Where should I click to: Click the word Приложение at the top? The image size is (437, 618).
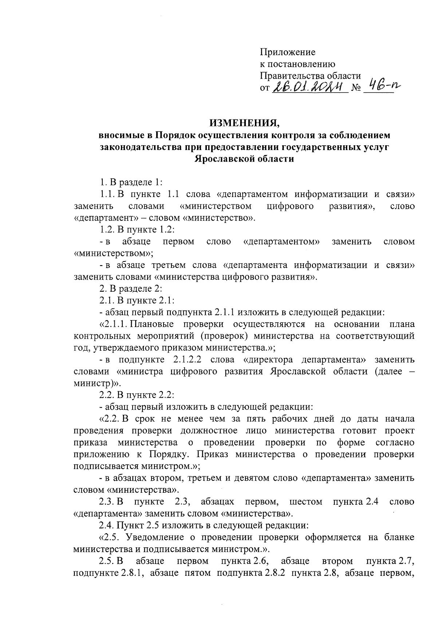pos(287,52)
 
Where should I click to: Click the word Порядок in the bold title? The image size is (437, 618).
pos(175,135)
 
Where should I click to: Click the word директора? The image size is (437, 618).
pos(267,360)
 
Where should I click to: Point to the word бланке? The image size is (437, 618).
pos(398,538)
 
